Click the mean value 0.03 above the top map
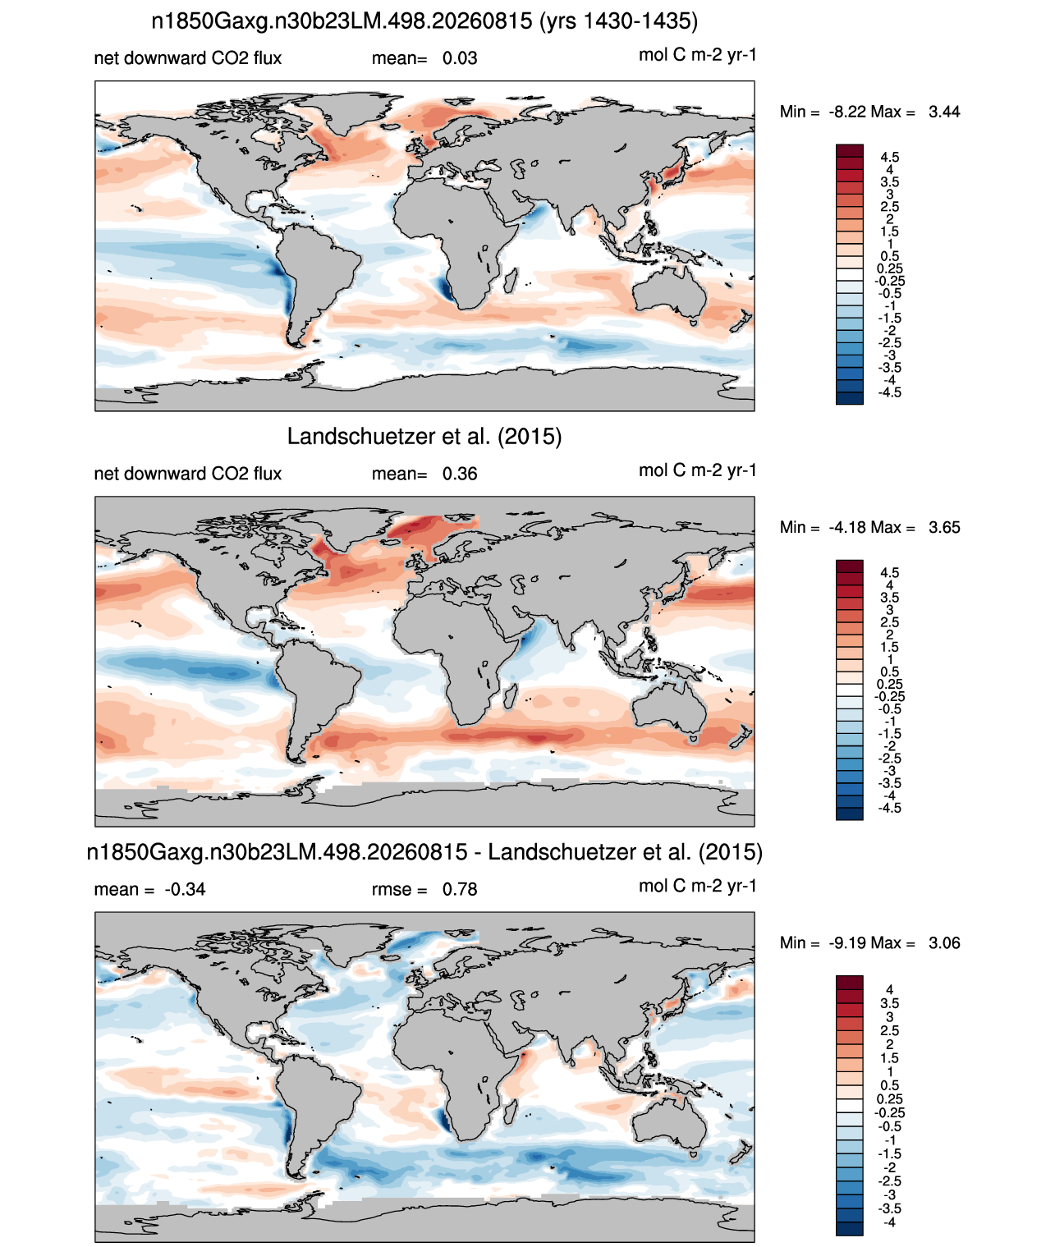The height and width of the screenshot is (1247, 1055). coord(459,58)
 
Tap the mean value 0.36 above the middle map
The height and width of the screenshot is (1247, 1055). coord(459,475)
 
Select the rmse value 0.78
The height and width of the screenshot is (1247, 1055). coord(459,890)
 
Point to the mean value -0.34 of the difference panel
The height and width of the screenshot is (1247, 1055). coord(185,890)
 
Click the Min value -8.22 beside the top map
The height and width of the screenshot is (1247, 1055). coord(847,112)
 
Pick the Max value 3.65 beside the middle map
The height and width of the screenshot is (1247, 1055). coord(944,528)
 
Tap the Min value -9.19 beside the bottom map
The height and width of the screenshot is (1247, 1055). coord(847,943)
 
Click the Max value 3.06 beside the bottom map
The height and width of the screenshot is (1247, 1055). coord(944,943)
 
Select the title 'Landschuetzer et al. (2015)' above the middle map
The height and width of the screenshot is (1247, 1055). coord(424,436)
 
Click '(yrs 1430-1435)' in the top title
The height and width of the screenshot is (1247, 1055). coord(619,21)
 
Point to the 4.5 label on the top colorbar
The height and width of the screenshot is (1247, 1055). coord(890,158)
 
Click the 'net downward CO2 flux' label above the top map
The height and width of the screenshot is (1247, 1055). coord(187,58)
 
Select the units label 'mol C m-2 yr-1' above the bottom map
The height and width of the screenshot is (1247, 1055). coord(697,887)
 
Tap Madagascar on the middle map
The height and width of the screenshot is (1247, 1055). coord(511,695)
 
